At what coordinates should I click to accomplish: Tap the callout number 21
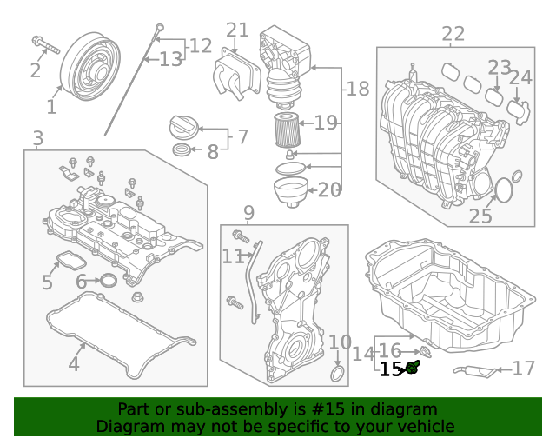(237, 31)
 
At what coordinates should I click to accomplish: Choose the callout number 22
(453, 35)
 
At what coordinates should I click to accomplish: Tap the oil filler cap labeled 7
(185, 127)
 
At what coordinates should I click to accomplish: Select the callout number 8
(213, 153)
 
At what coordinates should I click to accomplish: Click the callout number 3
(37, 138)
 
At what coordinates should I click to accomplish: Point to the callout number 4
(74, 364)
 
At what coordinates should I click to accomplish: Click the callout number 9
(248, 212)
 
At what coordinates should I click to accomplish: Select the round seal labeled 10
(337, 375)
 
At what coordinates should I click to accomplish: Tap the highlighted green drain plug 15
(414, 369)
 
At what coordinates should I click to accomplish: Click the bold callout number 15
(390, 369)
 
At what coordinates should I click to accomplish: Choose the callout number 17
(524, 369)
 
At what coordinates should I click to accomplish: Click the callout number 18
(357, 88)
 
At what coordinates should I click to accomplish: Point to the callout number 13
(170, 59)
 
